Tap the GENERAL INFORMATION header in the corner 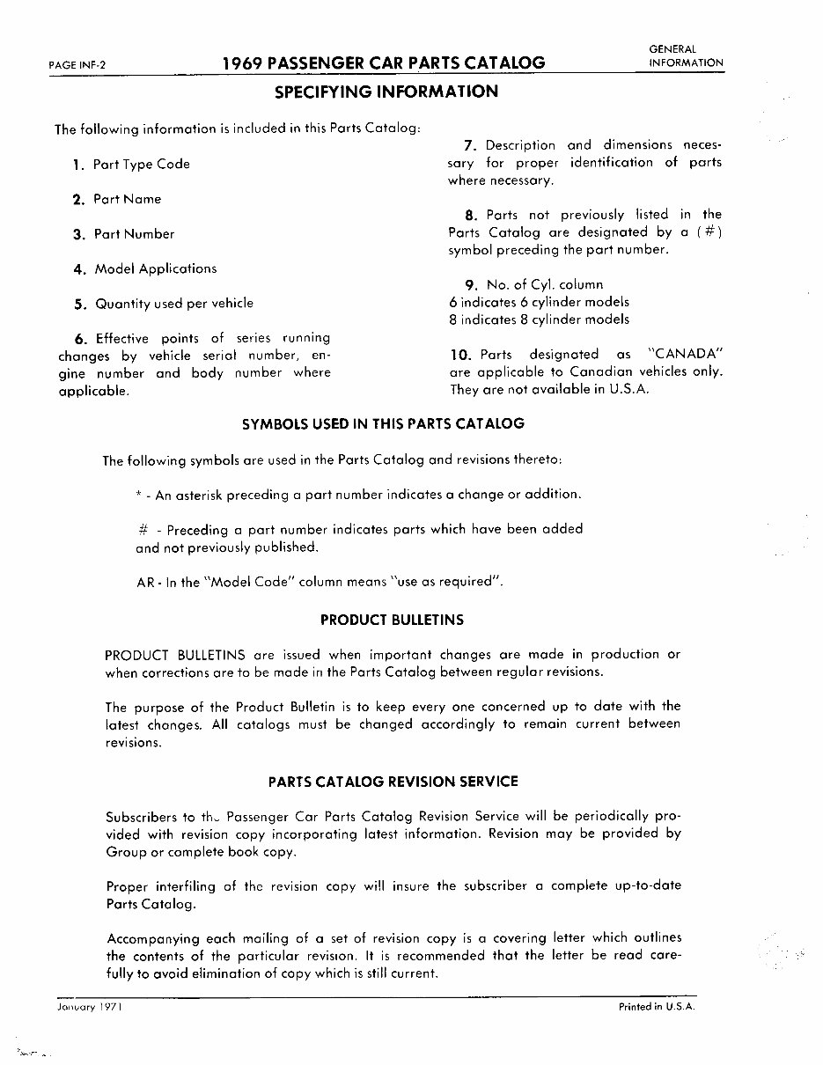(x=686, y=56)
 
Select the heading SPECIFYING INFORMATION (x=386, y=92)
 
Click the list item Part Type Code (x=141, y=165)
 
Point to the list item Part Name (x=127, y=199)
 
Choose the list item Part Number (x=134, y=234)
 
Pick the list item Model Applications (x=155, y=268)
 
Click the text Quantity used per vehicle (x=173, y=304)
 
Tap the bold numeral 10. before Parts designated (x=461, y=355)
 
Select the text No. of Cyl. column (x=545, y=284)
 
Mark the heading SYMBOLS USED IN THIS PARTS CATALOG (x=383, y=423)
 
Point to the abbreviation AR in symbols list (x=144, y=583)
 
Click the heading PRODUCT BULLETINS (x=392, y=620)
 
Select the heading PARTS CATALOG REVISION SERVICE (x=393, y=782)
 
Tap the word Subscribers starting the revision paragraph (x=140, y=816)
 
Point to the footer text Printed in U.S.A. (x=657, y=1007)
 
